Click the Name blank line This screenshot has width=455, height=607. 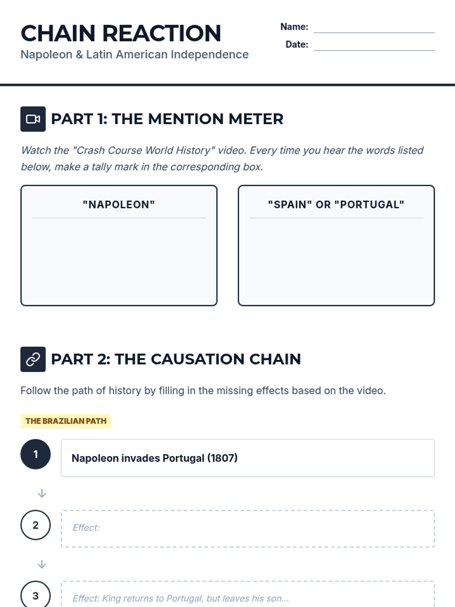374,33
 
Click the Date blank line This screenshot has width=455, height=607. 374,50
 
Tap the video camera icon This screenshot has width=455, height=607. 33,119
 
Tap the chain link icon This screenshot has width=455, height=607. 33,359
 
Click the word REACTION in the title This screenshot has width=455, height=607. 162,33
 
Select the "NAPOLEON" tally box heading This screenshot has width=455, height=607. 119,204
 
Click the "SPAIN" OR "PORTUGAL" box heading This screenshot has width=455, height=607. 336,204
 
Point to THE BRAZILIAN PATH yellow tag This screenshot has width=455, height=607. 66,421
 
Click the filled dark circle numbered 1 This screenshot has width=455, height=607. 35,454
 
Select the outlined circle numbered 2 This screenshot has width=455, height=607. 35,525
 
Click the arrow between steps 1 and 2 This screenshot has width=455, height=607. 42,494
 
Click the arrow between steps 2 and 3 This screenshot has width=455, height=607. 42,565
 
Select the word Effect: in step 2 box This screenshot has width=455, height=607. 86,528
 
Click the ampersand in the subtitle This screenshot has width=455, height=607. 79,55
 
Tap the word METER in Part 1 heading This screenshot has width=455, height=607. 256,119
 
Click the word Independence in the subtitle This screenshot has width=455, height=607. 210,55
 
